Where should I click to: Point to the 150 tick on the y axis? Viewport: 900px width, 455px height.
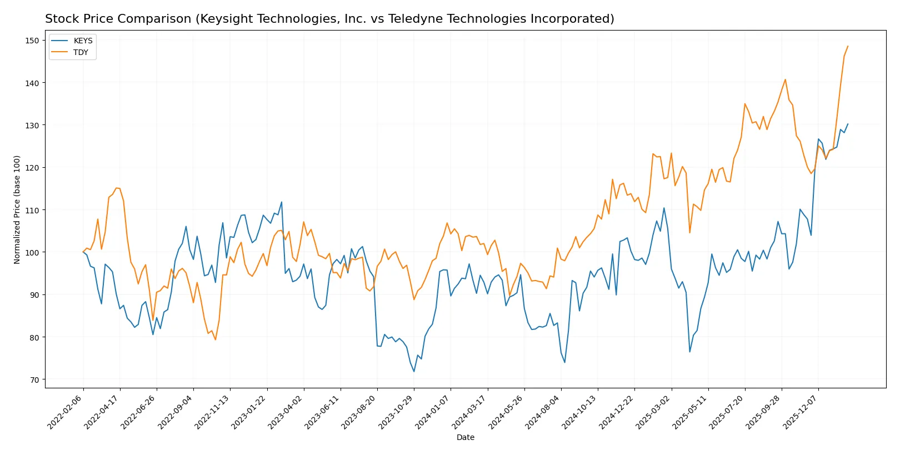coord(32,41)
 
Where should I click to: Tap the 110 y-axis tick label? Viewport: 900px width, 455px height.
coord(32,210)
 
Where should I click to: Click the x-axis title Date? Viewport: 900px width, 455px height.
coord(465,437)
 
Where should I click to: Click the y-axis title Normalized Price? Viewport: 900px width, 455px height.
coord(17,209)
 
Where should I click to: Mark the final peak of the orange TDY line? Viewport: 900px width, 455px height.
coord(848,46)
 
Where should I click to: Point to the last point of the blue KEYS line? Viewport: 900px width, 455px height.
coord(848,124)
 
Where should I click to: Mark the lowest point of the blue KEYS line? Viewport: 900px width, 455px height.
coord(414,372)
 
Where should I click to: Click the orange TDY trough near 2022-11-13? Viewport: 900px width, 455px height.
coord(216,339)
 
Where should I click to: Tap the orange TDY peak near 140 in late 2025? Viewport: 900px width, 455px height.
coord(785,79)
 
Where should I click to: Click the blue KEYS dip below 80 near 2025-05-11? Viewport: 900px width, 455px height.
coord(690,352)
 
